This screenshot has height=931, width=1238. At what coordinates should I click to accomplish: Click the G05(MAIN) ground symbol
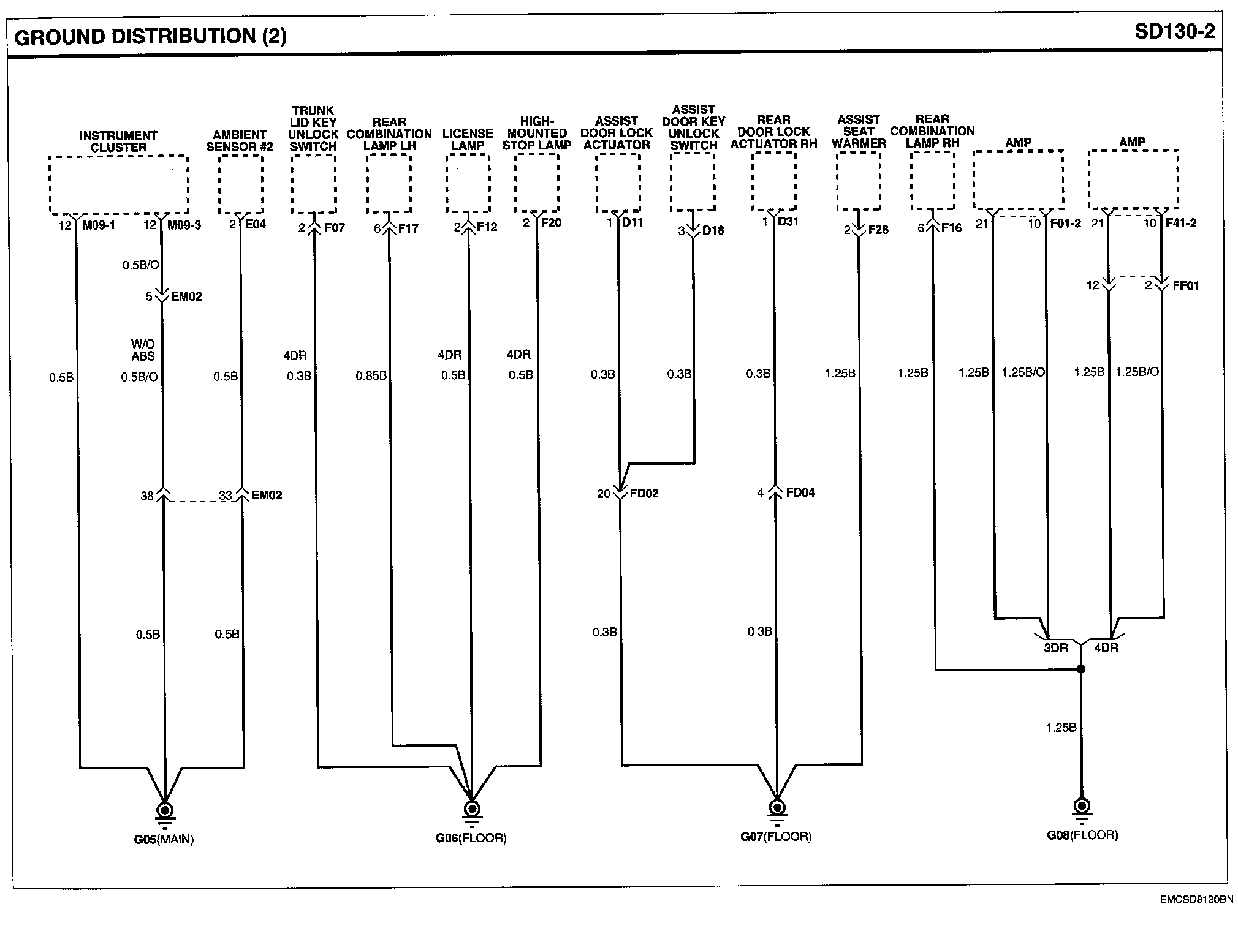pyautogui.click(x=164, y=810)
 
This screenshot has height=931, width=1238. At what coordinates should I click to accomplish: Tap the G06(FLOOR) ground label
pyautogui.click(x=471, y=838)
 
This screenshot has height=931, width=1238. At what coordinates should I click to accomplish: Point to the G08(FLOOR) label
pyautogui.click(x=1082, y=835)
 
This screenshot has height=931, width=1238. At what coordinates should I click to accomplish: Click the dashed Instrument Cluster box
pyautogui.click(x=118, y=184)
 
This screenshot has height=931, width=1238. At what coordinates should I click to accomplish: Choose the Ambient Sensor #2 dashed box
pyautogui.click(x=240, y=184)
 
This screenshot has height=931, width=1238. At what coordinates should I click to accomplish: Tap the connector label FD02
pyautogui.click(x=644, y=493)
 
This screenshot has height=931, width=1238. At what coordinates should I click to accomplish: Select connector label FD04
pyautogui.click(x=800, y=492)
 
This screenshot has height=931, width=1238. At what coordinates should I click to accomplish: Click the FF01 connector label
pyautogui.click(x=1185, y=285)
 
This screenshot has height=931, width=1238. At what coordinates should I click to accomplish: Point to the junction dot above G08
pyautogui.click(x=1081, y=669)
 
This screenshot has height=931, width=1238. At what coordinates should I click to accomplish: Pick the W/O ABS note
pyautogui.click(x=143, y=350)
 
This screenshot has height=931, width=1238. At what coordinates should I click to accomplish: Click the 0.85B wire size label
pyautogui.click(x=371, y=375)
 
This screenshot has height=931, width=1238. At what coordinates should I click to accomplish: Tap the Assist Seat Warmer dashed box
pyautogui.click(x=859, y=181)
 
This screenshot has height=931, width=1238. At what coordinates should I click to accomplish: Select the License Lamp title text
pyautogui.click(x=468, y=139)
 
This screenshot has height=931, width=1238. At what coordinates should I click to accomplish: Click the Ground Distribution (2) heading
pyautogui.click(x=150, y=37)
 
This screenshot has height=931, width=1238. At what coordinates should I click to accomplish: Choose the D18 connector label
pyautogui.click(x=713, y=230)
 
